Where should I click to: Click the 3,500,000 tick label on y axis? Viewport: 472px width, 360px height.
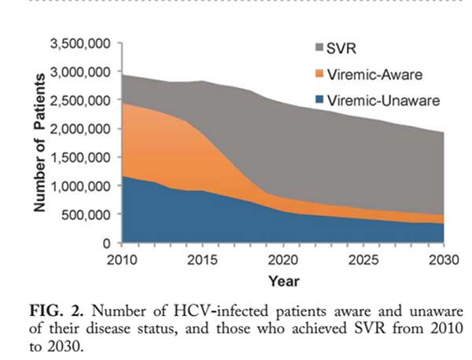tap(82, 43)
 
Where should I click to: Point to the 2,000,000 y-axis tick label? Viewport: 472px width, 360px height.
tap(82, 129)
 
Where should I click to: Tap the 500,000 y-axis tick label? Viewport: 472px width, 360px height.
tap(88, 215)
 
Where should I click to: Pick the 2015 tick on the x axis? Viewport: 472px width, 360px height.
tap(204, 259)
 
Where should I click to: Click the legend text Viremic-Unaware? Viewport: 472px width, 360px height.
tap(374, 100)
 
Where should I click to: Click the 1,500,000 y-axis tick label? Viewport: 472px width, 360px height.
tap(82, 157)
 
